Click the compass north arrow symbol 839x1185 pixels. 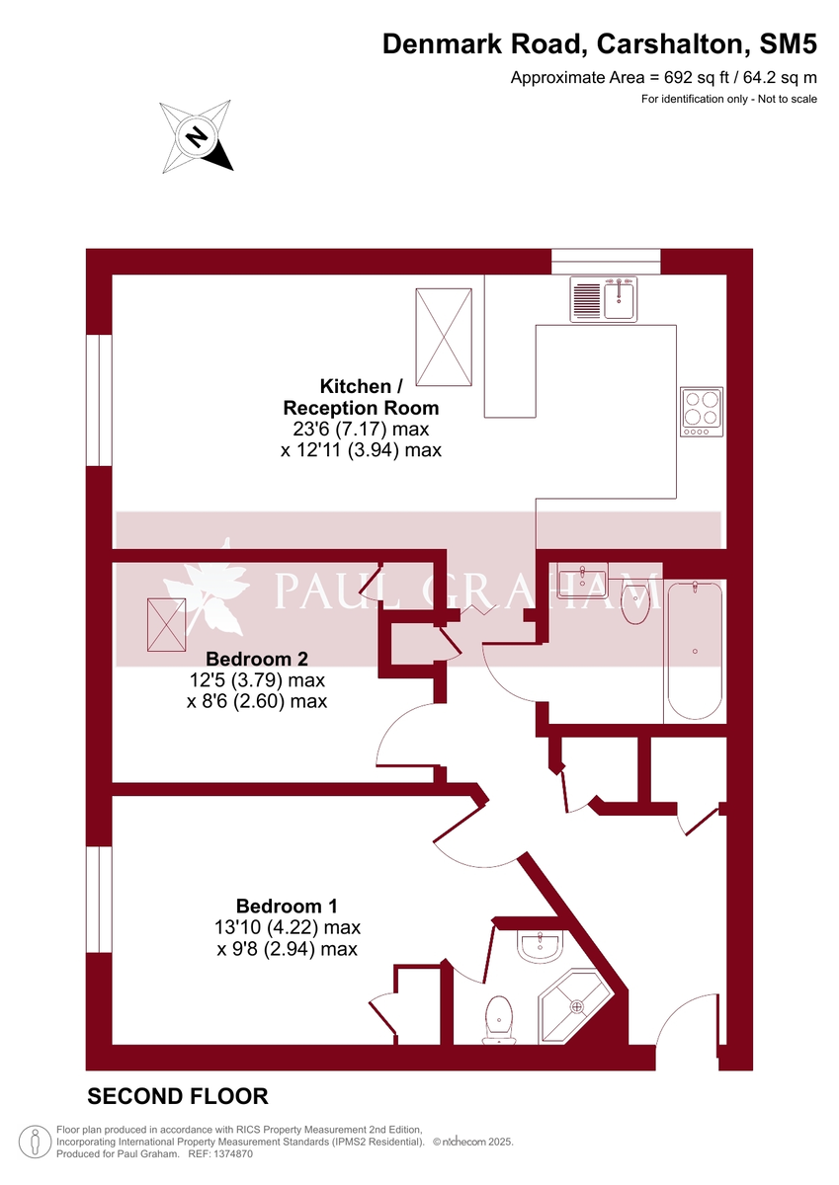tap(197, 137)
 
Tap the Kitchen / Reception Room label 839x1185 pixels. tap(361, 397)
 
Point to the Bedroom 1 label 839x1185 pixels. tap(287, 906)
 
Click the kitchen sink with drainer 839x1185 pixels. tap(605, 299)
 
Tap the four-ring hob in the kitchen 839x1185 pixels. tap(702, 412)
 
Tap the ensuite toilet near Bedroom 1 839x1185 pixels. tap(500, 1018)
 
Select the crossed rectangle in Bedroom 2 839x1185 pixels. tap(165, 625)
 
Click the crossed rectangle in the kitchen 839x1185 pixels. tap(444, 338)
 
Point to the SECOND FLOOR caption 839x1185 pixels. tap(178, 1096)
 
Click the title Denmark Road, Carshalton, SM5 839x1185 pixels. tap(599, 44)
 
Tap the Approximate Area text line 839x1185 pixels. tap(663, 78)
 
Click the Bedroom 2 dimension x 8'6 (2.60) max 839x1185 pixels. tap(257, 702)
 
